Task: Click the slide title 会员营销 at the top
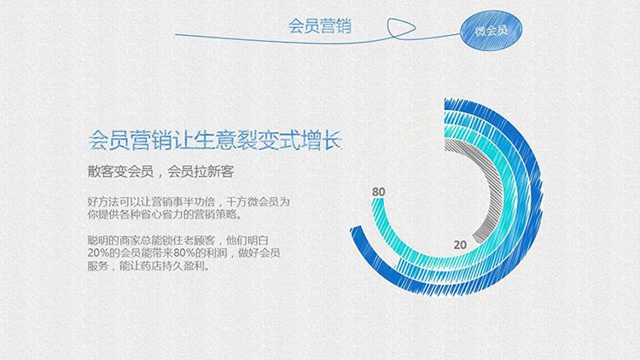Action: [x=320, y=26]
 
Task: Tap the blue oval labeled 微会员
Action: [x=491, y=31]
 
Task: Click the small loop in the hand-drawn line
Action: [x=401, y=28]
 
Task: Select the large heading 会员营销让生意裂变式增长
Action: [x=215, y=141]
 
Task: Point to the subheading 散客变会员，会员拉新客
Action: [x=160, y=171]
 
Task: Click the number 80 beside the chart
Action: [x=378, y=192]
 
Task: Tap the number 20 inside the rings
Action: [x=460, y=245]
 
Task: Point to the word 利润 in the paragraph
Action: [x=217, y=253]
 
